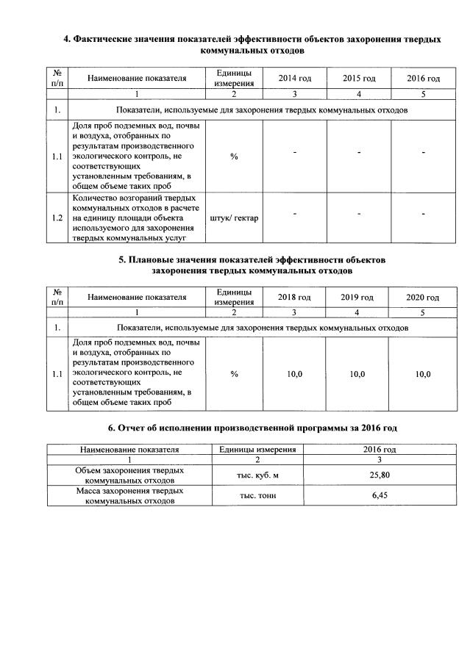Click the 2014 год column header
tap(294, 79)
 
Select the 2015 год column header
tap(359, 79)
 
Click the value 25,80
tap(380, 475)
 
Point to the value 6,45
tap(380, 495)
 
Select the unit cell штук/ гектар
tap(234, 218)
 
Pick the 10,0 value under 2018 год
tap(294, 374)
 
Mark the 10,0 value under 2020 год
tap(422, 374)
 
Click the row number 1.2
tap(57, 218)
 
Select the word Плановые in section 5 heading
tap(152, 259)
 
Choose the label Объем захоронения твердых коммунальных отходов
tap(129, 475)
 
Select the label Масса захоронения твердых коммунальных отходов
tap(129, 495)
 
